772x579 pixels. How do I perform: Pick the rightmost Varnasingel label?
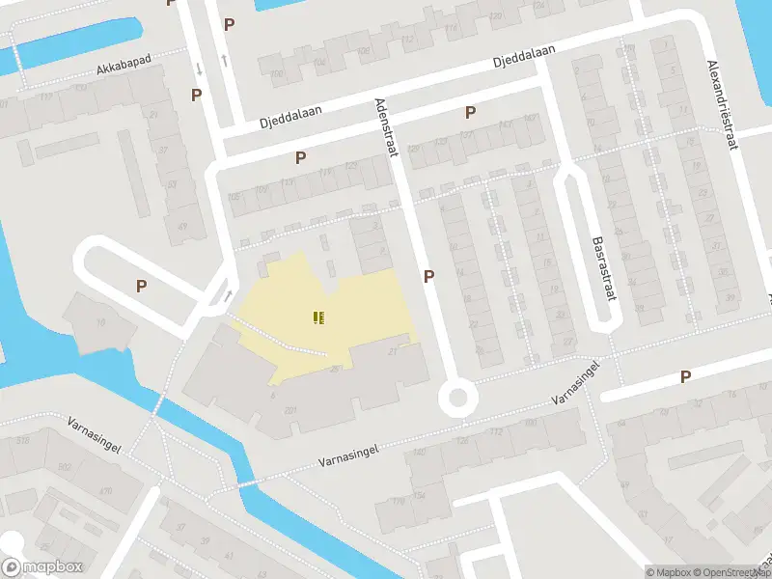pos(577,382)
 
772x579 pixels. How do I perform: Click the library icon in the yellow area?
pos(318,317)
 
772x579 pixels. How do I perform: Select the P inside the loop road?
pos(141,286)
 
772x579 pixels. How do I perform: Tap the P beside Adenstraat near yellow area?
pos(428,276)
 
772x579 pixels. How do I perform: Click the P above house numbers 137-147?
pos(470,112)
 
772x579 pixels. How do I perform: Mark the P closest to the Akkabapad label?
pos(196,95)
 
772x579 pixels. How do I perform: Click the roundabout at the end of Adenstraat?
pos(456,398)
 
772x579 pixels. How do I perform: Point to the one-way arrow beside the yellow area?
pos(229,294)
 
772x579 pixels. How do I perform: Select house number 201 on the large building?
pos(289,411)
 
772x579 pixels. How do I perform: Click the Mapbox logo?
pos(41,567)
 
